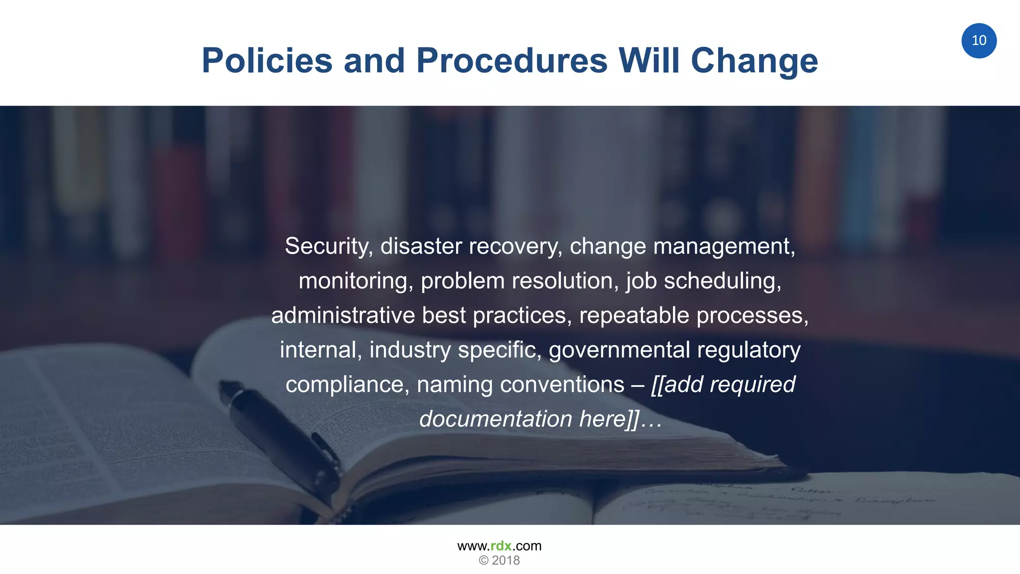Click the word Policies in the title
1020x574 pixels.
[267, 61]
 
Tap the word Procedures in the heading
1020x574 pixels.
[511, 61]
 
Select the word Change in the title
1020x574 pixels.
[754, 61]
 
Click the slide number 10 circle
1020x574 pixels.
[979, 40]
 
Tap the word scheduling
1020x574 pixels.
[722, 281]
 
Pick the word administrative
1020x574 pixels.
[343, 315]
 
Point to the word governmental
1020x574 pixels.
[619, 350]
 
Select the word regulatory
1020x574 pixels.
[749, 350]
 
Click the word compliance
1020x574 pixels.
[347, 385]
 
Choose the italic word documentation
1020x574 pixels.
[496, 419]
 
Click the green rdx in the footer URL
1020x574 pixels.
[501, 546]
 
